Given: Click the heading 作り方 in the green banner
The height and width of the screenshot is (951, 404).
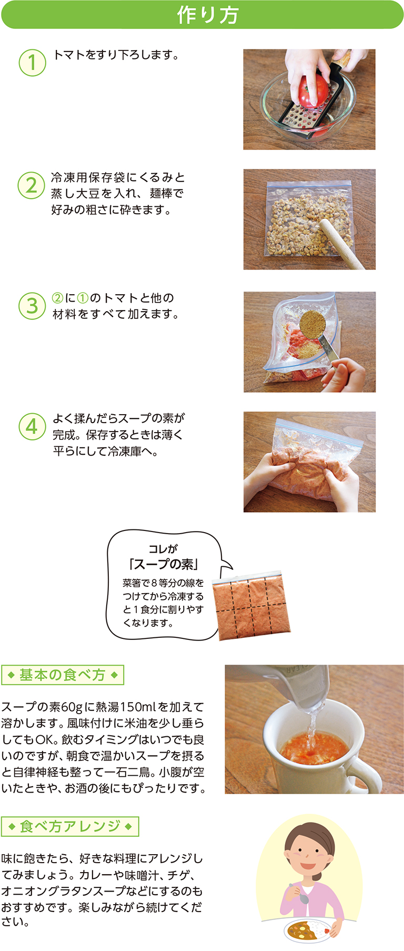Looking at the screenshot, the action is click(x=208, y=15).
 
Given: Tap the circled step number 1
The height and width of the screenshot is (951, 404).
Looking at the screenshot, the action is click(x=32, y=62).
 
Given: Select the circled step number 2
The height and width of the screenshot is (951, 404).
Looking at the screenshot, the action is click(x=32, y=185).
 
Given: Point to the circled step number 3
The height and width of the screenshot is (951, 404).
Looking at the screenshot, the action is click(x=32, y=306).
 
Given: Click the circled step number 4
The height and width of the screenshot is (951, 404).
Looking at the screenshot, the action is click(x=32, y=426).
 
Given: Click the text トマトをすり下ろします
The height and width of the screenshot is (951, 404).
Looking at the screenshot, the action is click(x=116, y=55).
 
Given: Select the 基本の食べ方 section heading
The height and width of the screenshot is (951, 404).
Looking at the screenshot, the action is click(x=63, y=675).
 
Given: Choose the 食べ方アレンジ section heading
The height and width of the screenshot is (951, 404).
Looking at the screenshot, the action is click(x=70, y=826).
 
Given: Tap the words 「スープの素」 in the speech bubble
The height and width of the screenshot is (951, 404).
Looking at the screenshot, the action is click(x=164, y=565).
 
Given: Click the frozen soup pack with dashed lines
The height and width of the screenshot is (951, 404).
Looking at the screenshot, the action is click(x=251, y=606).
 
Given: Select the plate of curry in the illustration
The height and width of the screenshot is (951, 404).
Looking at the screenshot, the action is click(x=308, y=930).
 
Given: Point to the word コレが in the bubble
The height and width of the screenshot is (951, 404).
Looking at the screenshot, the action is click(x=163, y=549).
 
